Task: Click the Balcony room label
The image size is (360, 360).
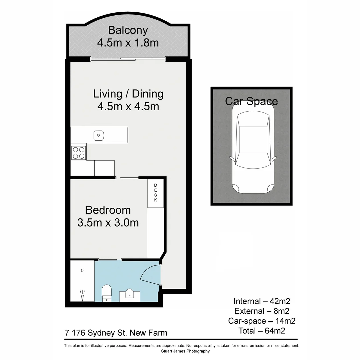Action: pyautogui.click(x=128, y=30)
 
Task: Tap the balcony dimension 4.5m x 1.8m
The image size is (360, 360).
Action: pyautogui.click(x=128, y=43)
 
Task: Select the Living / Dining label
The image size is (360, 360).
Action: pyautogui.click(x=128, y=94)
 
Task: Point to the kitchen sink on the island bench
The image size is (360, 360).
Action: pyautogui.click(x=99, y=135)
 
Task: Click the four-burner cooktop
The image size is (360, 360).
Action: pyautogui.click(x=79, y=152)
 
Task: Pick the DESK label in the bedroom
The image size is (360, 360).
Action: pyautogui.click(x=156, y=193)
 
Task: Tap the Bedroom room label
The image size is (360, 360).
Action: pyautogui.click(x=108, y=210)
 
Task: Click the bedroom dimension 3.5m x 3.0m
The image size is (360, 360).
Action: pyautogui.click(x=108, y=222)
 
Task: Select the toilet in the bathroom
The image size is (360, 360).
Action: pyautogui.click(x=107, y=292)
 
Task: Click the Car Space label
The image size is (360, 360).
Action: pyautogui.click(x=251, y=101)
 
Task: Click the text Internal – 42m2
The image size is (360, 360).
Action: pyautogui.click(x=262, y=301)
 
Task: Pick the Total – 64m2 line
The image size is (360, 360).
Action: pyautogui.click(x=262, y=331)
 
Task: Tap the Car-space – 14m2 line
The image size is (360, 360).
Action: pyautogui.click(x=262, y=321)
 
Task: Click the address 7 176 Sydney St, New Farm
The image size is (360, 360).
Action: pyautogui.click(x=116, y=333)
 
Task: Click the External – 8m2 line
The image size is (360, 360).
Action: pyautogui.click(x=262, y=311)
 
